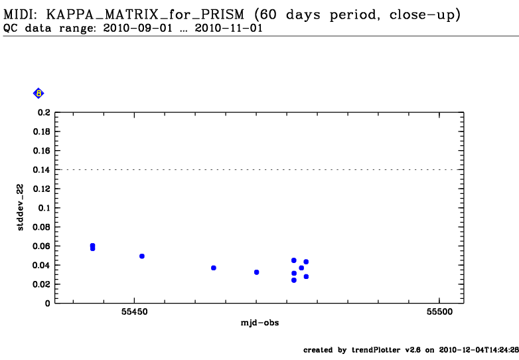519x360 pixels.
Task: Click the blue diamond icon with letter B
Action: pos(38,94)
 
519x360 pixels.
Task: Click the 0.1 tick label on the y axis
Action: pos(44,208)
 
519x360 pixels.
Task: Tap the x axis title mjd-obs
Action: pos(259,323)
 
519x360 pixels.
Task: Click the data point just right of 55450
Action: pos(142,256)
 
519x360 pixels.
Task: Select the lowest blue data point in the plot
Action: pos(293,280)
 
